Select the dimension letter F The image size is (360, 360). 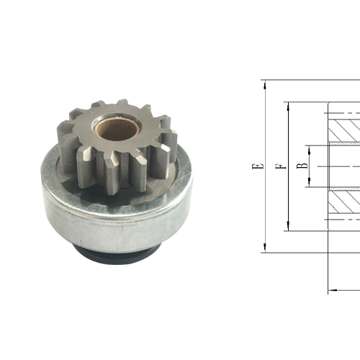coord(279,166)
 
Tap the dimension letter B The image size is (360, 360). coord(302,166)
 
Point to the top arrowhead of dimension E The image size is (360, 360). coord(265,84)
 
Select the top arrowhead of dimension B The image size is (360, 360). coord(310,148)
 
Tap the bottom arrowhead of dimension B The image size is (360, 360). coord(310,184)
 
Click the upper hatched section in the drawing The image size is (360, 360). coord(344,130)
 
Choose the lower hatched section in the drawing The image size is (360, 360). coord(344,204)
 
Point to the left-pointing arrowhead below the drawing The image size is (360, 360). coord(332,291)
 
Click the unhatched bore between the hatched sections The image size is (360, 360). coord(344,166)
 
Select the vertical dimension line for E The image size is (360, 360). coord(265,202)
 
